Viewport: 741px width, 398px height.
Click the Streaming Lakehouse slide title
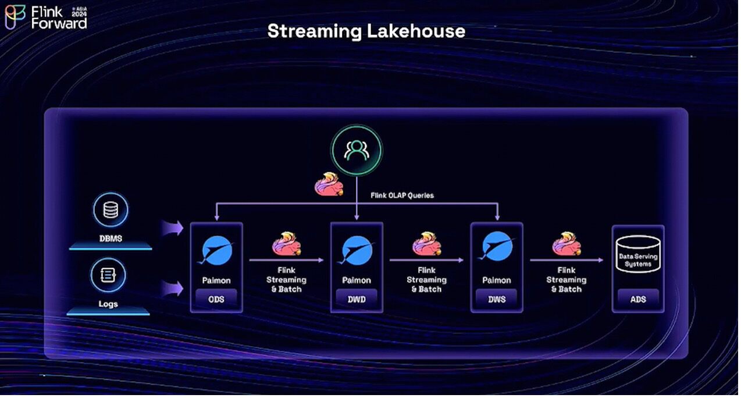[366, 31]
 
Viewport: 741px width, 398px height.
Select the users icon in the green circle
[356, 150]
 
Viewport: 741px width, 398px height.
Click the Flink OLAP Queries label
[402, 196]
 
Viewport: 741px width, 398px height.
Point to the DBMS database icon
[110, 209]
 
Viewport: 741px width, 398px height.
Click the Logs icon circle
[108, 275]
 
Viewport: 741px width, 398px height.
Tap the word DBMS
[110, 238]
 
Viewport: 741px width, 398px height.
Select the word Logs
[108, 304]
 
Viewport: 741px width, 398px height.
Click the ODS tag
[216, 299]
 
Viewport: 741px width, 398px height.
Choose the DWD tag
[357, 299]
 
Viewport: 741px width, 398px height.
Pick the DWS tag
[497, 299]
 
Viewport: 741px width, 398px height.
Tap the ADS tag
[638, 299]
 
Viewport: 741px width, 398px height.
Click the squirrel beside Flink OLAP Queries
[328, 184]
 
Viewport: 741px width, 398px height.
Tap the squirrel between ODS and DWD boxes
[286, 244]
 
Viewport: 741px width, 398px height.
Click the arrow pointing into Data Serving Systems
[567, 260]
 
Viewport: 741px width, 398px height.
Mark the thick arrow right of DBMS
[172, 228]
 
